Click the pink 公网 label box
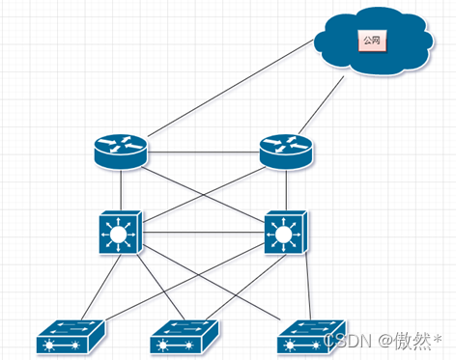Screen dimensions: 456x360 tap(372, 41)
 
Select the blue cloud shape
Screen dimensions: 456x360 tap(373, 42)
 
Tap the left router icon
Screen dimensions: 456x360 tap(121, 152)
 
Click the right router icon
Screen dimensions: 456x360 tap(286, 152)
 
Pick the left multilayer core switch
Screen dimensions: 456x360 tap(121, 233)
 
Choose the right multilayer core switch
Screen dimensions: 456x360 tap(286, 233)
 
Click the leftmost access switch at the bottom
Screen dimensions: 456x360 tap(71, 337)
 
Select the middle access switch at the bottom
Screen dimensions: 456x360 tap(185, 337)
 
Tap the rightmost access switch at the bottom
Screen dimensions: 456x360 tap(311, 337)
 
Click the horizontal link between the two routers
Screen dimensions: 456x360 tap(204, 152)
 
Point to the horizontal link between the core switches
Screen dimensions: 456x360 tap(203, 233)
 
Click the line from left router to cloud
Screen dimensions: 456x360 tap(231, 88)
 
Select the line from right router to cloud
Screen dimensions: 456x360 tap(322, 105)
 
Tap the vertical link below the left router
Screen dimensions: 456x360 tap(121, 190)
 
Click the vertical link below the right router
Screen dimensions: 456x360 tap(286, 190)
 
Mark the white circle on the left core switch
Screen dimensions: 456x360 tap(118, 235)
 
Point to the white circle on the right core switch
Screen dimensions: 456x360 tap(283, 235)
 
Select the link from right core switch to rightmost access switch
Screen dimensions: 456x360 tap(308, 286)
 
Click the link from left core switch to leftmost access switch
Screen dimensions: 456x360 tap(101, 287)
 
